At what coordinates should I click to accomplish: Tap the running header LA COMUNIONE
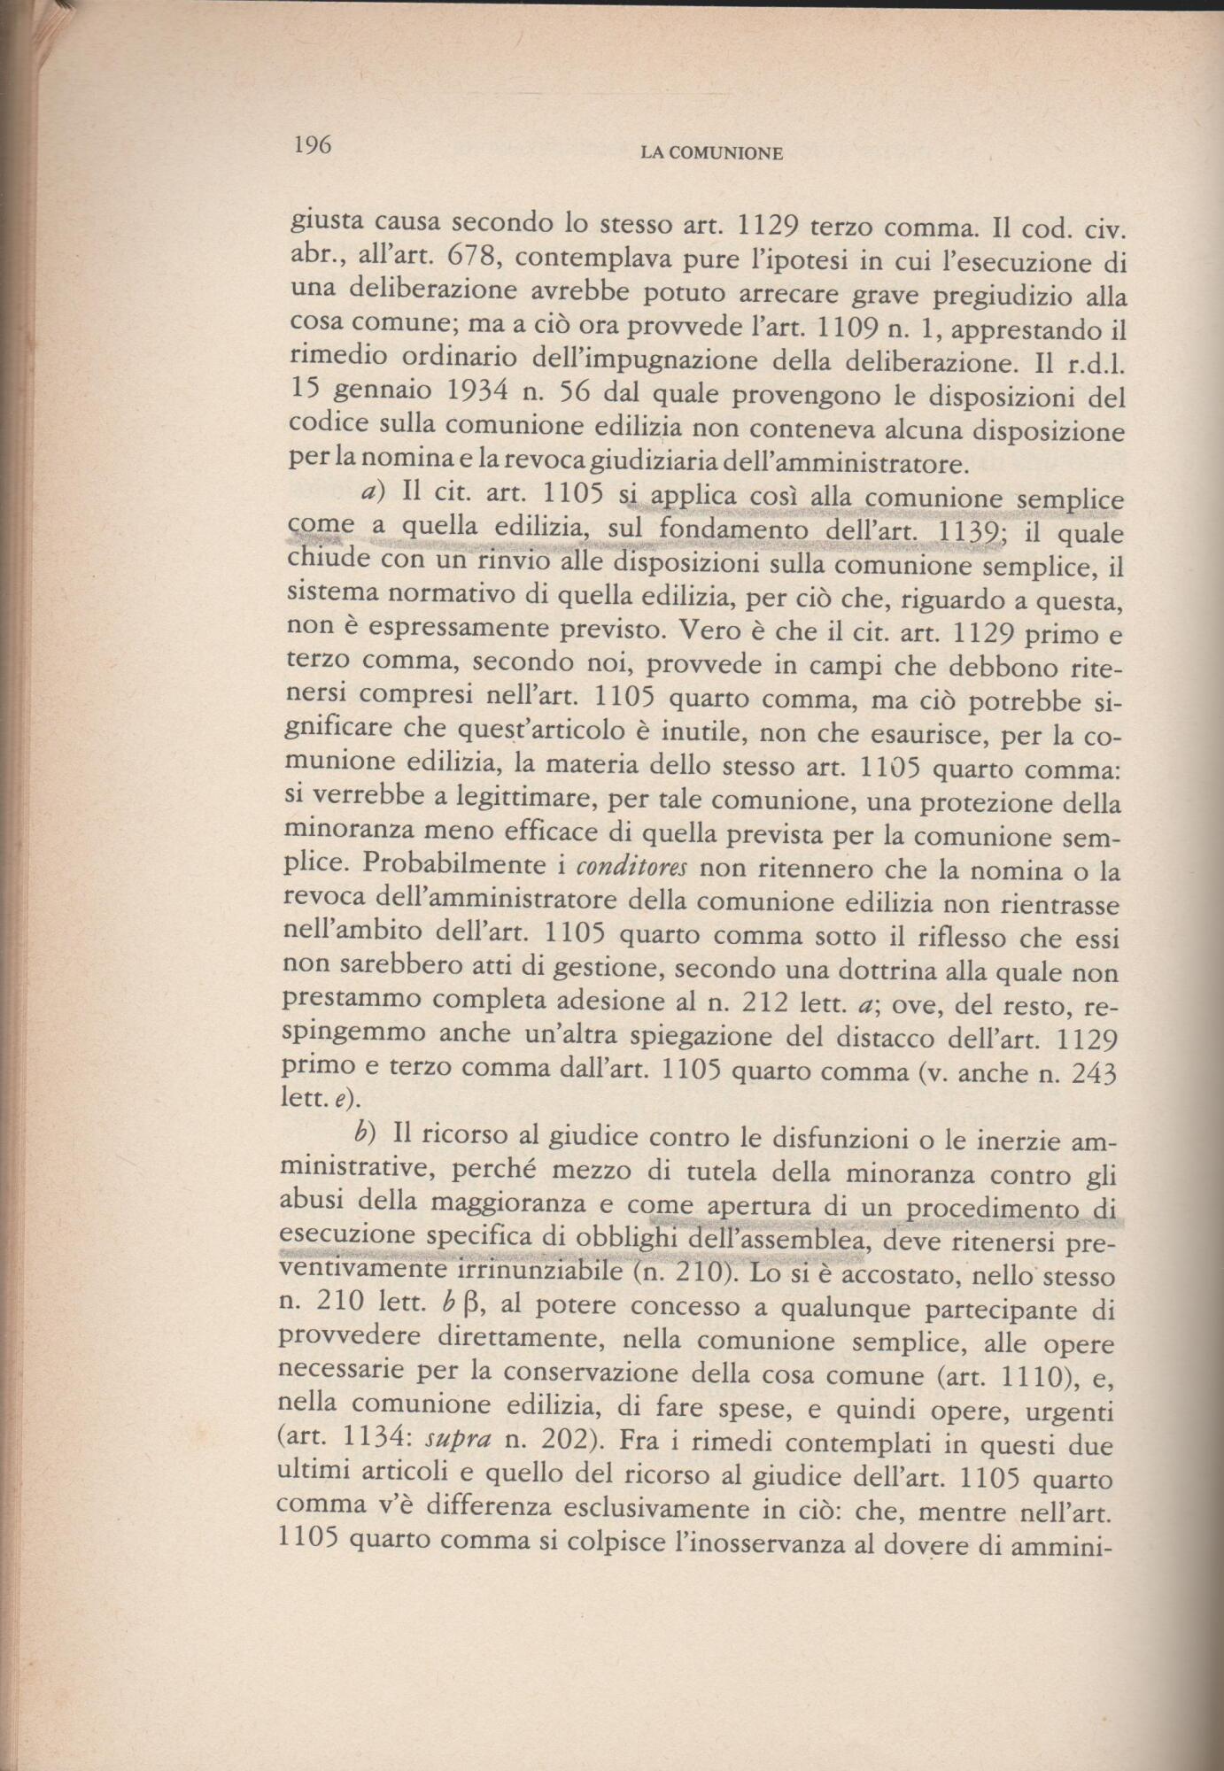point(711,153)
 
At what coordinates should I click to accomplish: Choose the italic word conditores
point(626,869)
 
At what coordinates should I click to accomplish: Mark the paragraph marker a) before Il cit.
point(369,491)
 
